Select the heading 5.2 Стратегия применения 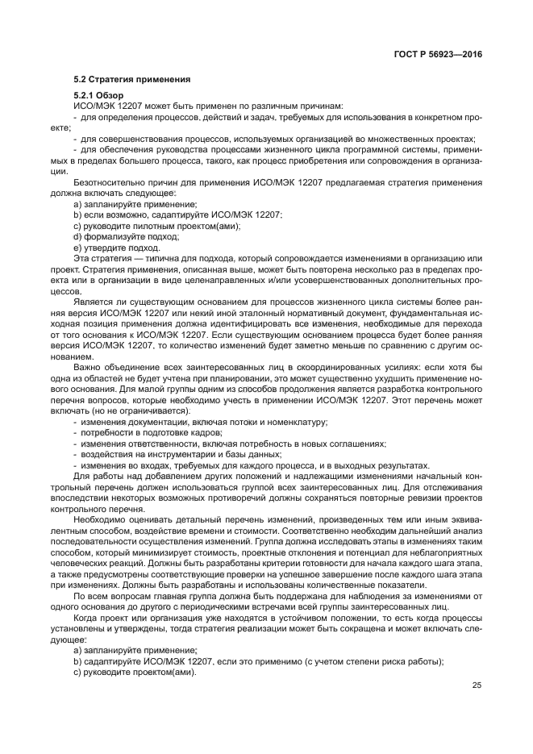pos(131,79)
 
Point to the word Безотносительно pos(105,183)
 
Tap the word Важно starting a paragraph pos(85,368)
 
